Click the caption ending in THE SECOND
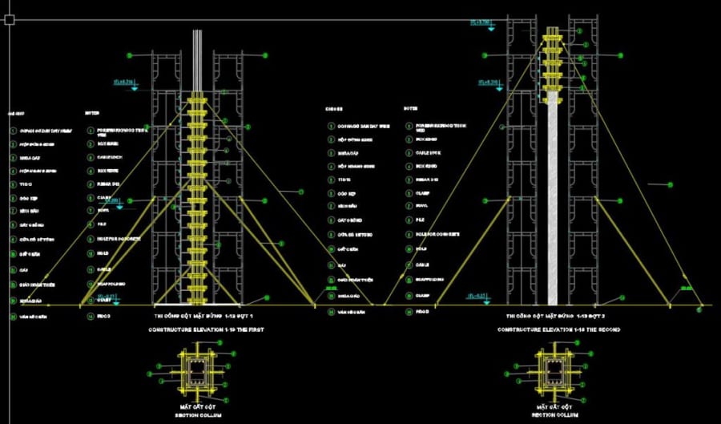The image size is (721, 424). point(558,329)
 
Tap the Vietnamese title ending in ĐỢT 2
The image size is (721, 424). point(558,317)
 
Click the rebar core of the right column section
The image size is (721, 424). point(553,369)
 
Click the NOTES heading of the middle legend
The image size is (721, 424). point(410,107)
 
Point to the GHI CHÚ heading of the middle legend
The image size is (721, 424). point(333,107)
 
